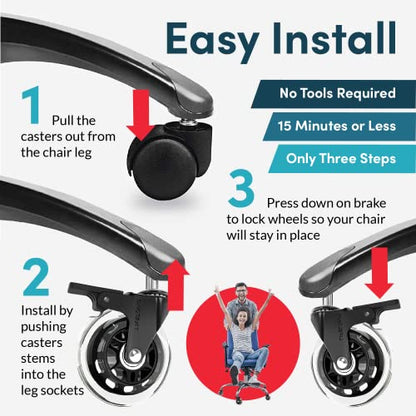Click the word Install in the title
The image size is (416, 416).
[334, 37]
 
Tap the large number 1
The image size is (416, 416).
[31, 105]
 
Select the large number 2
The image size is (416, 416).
[36, 277]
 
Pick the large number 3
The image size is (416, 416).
[242, 189]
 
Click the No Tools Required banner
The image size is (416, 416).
[333, 94]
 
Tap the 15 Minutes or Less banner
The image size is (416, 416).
[339, 126]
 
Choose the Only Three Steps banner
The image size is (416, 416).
[342, 159]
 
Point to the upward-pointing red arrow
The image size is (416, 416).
[176, 285]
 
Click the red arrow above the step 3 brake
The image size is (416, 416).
[380, 273]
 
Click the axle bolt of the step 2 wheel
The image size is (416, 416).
[134, 355]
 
